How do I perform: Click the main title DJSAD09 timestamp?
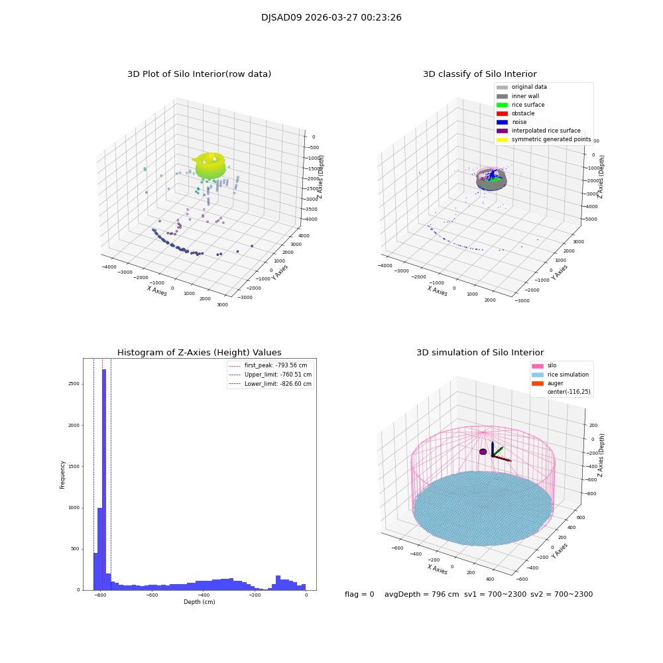coord(331,18)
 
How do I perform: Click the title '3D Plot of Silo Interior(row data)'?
coord(199,74)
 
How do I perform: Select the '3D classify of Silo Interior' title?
coord(479,74)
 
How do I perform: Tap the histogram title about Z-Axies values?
coord(199,353)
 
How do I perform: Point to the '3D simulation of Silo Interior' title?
coord(479,353)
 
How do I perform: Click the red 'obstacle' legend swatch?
coord(502,113)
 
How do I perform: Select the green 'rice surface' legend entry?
coord(528,105)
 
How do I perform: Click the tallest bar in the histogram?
coord(104,477)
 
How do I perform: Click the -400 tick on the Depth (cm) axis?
coord(203,595)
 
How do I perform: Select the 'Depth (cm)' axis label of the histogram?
coord(199,602)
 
